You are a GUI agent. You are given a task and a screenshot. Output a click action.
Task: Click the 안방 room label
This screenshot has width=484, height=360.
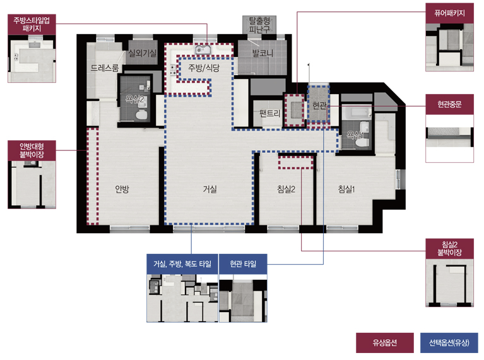[122, 189]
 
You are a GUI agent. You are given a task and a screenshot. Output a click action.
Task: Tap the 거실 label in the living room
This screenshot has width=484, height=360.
[210, 189]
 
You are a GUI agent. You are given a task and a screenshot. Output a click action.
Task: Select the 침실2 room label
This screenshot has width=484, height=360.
[286, 189]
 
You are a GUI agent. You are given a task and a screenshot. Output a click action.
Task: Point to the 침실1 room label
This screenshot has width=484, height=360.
[346, 189]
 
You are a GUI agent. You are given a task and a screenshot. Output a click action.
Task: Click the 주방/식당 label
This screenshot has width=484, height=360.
[204, 68]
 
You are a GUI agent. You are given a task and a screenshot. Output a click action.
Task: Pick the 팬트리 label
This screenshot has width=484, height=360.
[270, 114]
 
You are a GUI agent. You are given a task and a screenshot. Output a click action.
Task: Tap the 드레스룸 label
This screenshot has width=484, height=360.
[105, 68]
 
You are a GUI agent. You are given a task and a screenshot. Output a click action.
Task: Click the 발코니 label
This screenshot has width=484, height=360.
[263, 53]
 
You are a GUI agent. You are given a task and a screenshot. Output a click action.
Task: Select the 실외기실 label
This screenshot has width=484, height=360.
[143, 53]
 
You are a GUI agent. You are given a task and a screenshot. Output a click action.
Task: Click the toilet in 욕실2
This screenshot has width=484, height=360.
[142, 115]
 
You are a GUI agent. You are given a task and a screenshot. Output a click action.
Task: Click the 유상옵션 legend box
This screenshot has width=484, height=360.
[384, 342]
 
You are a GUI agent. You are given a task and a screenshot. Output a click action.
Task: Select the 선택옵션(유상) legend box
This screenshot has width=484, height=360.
[449, 342]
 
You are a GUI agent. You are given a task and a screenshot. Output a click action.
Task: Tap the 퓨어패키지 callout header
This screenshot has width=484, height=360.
[449, 13]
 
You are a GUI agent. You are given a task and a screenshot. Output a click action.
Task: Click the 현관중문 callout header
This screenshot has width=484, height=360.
[449, 104]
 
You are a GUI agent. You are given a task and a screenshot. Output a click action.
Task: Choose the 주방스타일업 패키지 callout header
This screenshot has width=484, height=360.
[32, 24]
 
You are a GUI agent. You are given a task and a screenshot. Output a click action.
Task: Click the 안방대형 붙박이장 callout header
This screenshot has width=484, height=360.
[32, 150]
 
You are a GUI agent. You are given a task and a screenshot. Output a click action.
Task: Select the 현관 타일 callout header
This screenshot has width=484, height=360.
[243, 264]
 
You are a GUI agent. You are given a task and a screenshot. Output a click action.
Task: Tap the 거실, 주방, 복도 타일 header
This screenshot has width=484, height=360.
[182, 264]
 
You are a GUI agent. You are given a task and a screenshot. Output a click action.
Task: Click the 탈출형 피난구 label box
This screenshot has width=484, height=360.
[259, 25]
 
